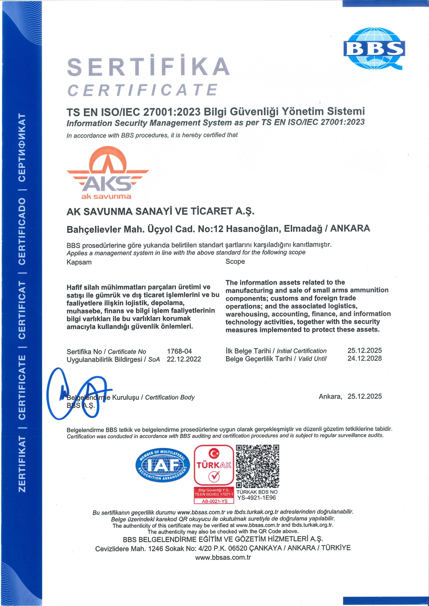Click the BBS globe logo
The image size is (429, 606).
(374, 49)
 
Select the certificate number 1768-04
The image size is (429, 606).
(179, 351)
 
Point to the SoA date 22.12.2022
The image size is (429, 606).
(184, 359)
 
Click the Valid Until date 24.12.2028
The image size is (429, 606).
(364, 358)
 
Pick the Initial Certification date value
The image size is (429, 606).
(364, 351)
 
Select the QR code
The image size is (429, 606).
(257, 466)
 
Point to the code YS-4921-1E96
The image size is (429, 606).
(257, 498)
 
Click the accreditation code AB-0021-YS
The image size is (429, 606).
(214, 501)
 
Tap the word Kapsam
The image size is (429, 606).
(79, 262)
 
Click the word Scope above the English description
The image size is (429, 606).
(235, 262)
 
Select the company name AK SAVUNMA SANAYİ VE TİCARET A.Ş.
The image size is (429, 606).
(160, 211)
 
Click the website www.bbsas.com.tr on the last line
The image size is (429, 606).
(223, 557)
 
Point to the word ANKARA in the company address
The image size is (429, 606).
(350, 228)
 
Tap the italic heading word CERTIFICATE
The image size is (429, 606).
(143, 90)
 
